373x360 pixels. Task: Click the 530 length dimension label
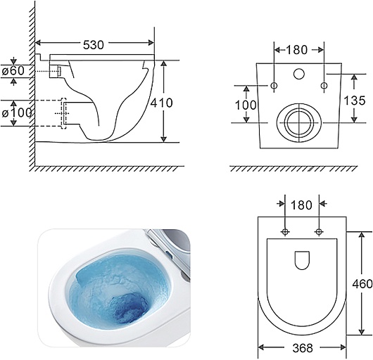[x=94, y=45]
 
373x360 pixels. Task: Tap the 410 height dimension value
[x=162, y=103]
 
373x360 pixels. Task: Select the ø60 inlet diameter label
[x=13, y=70]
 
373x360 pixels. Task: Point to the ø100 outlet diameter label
[x=17, y=112]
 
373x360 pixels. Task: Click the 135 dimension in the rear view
[x=355, y=101]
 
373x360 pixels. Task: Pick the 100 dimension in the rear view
[x=246, y=105]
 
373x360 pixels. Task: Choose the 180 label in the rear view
[x=297, y=50]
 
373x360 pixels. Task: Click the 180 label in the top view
[x=301, y=205]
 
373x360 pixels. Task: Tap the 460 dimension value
[x=362, y=283]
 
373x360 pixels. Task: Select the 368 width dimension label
[x=303, y=348]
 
